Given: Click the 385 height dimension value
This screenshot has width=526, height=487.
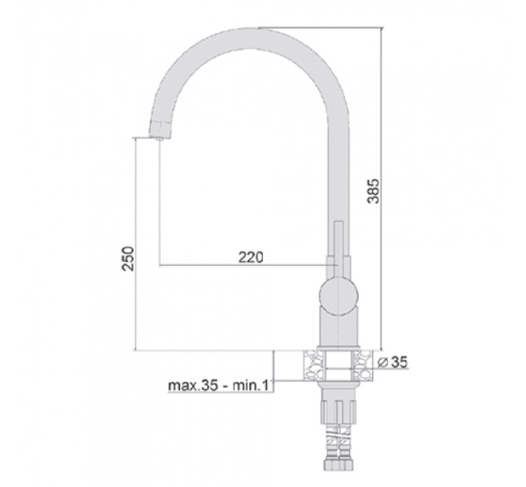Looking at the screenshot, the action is pyautogui.click(x=374, y=191).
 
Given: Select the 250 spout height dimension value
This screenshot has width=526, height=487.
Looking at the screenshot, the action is pyautogui.click(x=128, y=258).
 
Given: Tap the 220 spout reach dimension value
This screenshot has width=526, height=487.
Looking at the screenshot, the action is pyautogui.click(x=251, y=257).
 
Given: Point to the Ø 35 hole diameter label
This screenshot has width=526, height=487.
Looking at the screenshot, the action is pyautogui.click(x=392, y=362).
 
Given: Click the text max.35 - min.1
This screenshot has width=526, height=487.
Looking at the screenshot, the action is pyautogui.click(x=218, y=386).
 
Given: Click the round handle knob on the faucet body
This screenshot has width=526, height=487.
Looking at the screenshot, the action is pyautogui.click(x=339, y=295).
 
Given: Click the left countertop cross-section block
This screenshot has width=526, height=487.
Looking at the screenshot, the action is pyautogui.click(x=313, y=365).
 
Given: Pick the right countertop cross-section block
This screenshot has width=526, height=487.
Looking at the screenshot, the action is pyautogui.click(x=364, y=365).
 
